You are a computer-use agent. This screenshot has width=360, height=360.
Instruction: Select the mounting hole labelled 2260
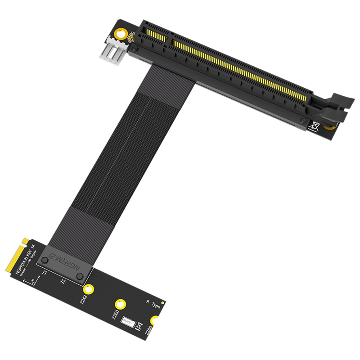(120, 304)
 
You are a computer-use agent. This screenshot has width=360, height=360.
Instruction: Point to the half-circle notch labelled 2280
(154, 321)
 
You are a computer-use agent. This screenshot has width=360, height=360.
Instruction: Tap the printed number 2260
(115, 315)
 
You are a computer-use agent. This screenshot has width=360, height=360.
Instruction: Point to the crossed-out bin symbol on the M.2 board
(140, 326)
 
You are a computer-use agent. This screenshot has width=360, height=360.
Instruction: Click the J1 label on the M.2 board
(44, 272)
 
